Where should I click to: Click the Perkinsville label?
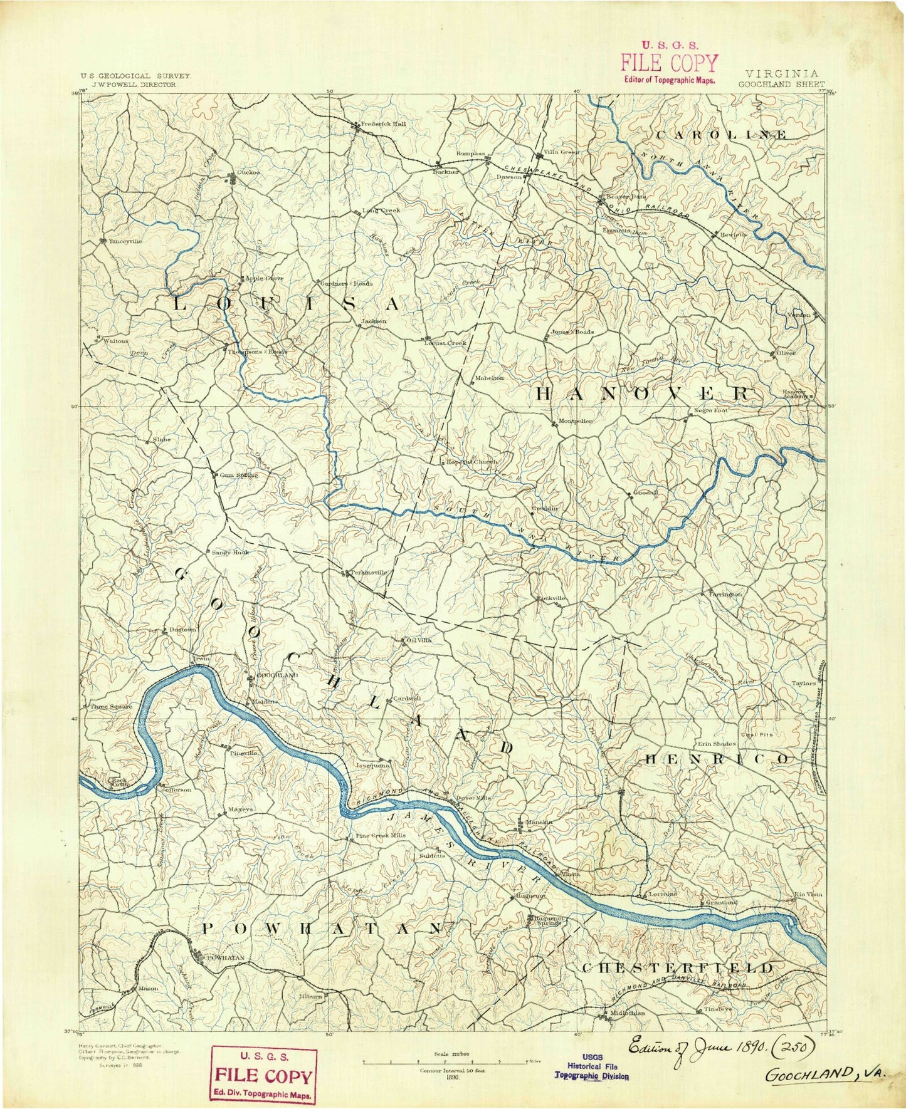(368, 572)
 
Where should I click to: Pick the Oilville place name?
(419, 640)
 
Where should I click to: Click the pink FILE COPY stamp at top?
(669, 63)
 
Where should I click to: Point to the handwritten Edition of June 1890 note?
(715, 1046)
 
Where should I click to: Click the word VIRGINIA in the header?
(783, 73)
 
